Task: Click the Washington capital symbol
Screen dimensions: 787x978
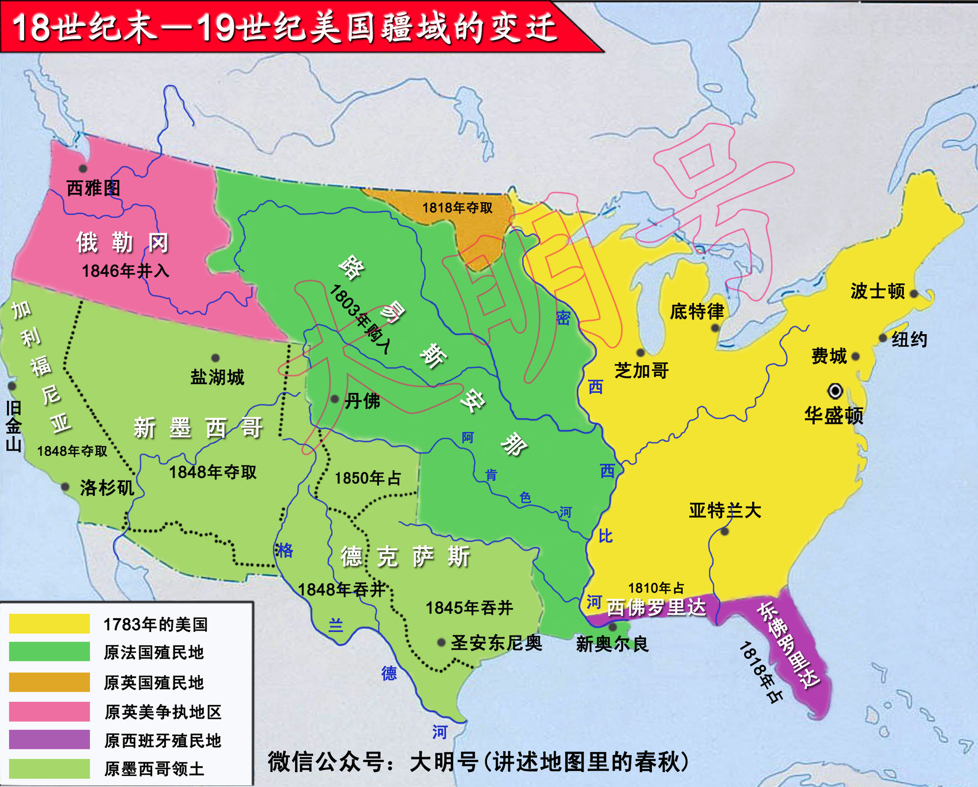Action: (x=835, y=391)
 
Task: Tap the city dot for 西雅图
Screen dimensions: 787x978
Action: (x=83, y=169)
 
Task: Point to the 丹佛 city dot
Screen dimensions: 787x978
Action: (x=335, y=399)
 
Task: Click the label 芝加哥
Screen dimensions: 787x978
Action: (x=641, y=371)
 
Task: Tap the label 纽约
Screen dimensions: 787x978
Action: (x=909, y=339)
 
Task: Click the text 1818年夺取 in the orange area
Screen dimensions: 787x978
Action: (x=457, y=208)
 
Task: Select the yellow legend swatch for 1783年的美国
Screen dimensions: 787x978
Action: (x=50, y=624)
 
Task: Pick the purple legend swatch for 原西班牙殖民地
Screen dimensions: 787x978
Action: (x=50, y=739)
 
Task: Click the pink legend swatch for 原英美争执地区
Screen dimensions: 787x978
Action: (x=50, y=711)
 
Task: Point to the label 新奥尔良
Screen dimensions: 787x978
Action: (x=613, y=644)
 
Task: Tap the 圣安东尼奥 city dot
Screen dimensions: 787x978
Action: (x=441, y=643)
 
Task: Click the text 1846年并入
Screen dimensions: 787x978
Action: (x=125, y=271)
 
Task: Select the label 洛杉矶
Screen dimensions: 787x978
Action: (x=107, y=488)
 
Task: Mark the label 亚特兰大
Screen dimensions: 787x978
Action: (x=725, y=510)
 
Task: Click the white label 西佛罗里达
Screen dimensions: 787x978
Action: (x=656, y=607)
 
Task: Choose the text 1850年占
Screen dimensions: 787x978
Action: (x=368, y=478)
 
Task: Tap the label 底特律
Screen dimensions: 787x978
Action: (x=697, y=311)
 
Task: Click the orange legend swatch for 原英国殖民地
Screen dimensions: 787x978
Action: (x=50, y=682)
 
